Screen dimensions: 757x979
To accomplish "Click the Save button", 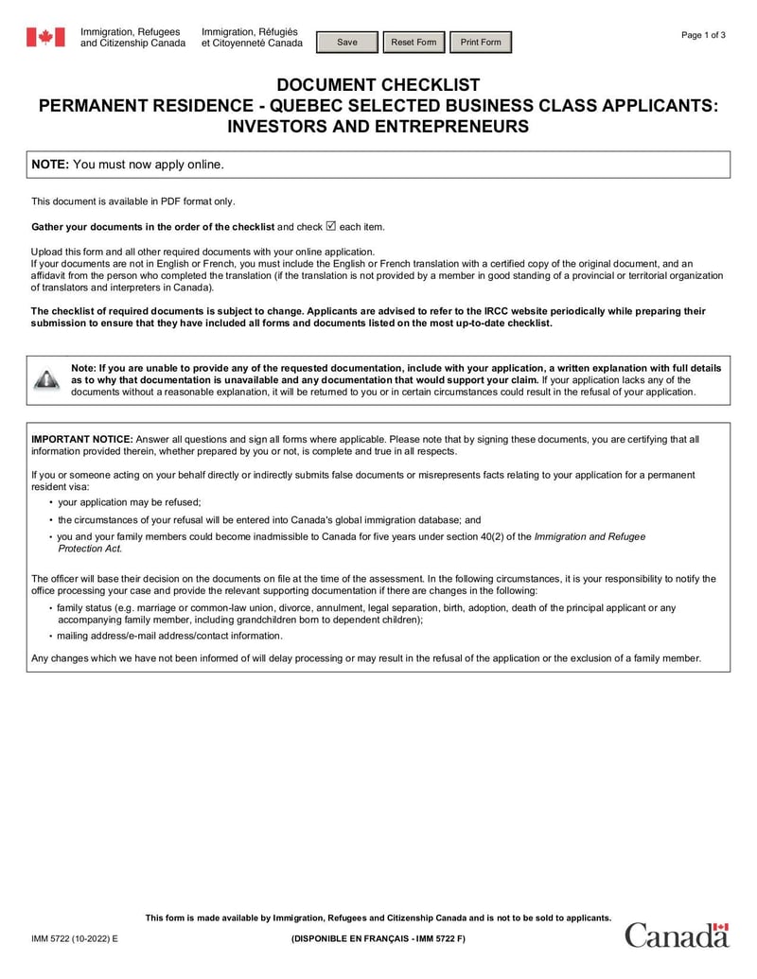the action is tap(347, 43).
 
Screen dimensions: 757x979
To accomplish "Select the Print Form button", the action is tap(480, 43).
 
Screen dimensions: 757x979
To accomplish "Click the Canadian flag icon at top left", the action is tap(44, 38).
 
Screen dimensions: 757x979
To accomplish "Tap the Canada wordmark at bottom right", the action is tap(677, 935).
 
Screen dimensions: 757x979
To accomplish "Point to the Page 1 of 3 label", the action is tap(703, 35).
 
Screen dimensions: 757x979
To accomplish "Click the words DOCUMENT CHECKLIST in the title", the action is tap(378, 85).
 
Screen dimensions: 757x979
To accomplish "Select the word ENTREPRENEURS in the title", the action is tap(449, 126).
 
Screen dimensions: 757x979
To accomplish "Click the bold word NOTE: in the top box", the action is tap(50, 165).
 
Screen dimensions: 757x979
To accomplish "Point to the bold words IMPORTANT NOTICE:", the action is tap(82, 439).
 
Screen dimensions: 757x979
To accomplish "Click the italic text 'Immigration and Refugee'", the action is tap(590, 536).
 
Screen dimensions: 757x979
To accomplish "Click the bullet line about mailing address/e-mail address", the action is tap(169, 636).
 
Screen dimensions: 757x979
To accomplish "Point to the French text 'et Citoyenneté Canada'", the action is tap(252, 44).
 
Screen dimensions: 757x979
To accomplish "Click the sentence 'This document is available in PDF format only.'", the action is tap(133, 201).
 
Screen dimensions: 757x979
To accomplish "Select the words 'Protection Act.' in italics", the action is tap(90, 549).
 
